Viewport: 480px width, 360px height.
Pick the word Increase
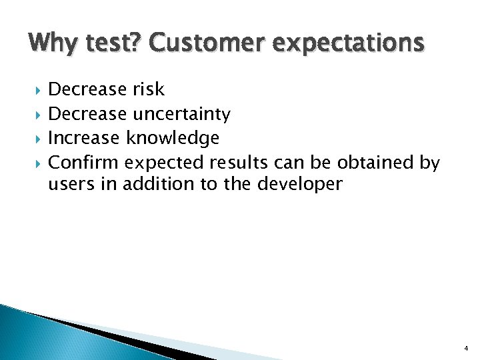tap(85, 139)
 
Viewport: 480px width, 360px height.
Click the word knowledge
tap(173, 139)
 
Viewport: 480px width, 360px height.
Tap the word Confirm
tap(84, 163)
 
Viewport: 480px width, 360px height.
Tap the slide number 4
tap(465, 348)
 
